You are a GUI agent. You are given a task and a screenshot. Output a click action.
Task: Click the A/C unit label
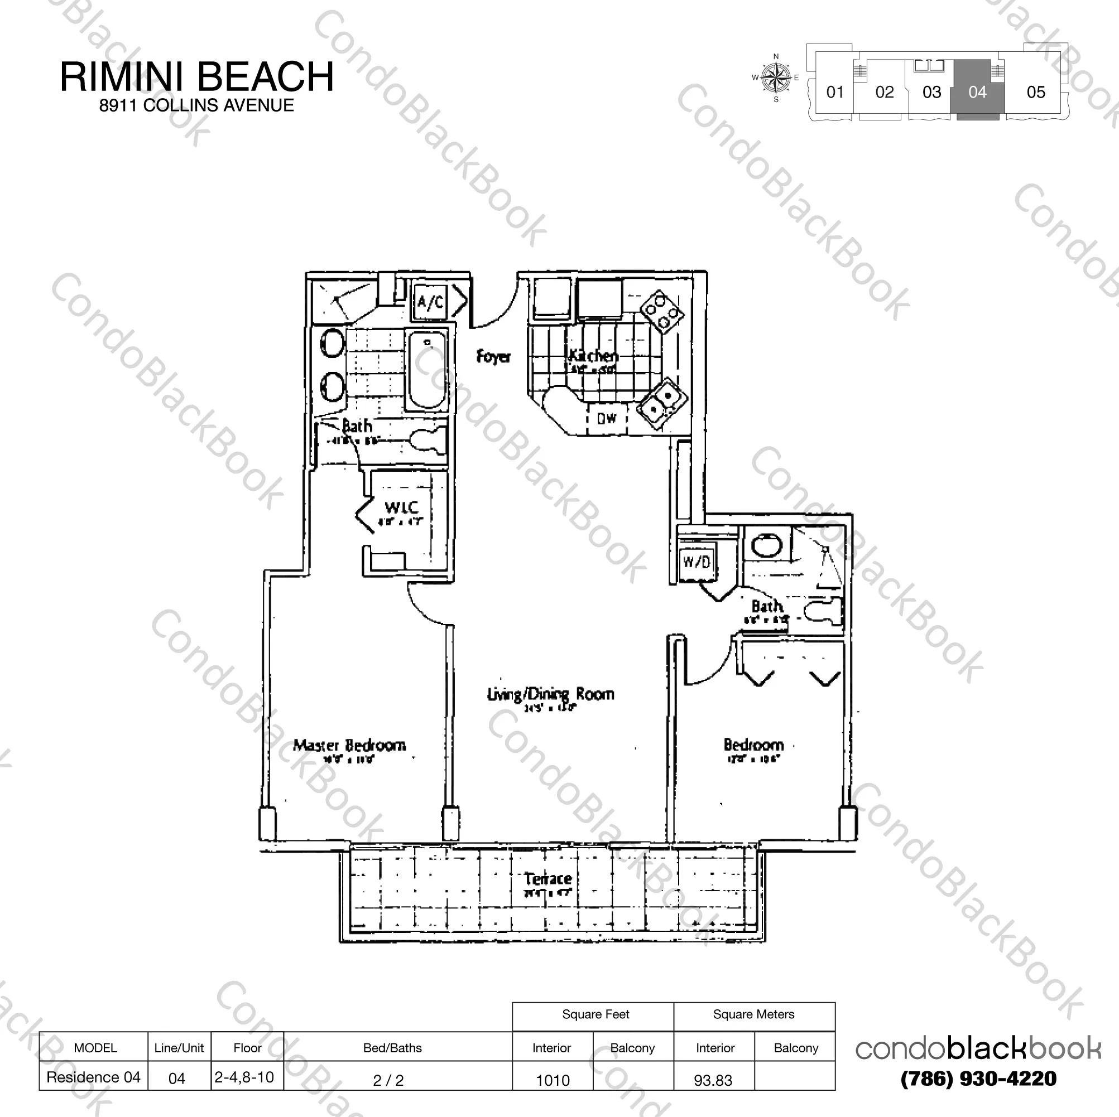point(430,302)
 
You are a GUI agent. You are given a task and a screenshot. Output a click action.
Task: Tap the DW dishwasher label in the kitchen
point(607,417)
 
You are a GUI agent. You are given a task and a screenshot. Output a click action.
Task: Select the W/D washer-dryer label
point(696,562)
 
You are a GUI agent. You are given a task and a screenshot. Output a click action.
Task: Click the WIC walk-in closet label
point(401,507)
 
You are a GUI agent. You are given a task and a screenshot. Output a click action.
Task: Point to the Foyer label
point(493,356)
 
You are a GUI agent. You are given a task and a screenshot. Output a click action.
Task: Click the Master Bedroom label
point(349,745)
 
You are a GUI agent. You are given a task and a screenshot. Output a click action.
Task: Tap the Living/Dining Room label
point(550,694)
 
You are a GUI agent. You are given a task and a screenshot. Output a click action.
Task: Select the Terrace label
point(548,878)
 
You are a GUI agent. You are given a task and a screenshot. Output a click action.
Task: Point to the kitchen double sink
point(661,403)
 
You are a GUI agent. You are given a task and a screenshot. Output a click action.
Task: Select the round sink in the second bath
point(766,545)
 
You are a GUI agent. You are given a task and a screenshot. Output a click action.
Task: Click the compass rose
point(776,78)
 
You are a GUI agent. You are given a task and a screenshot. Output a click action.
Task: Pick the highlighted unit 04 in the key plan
point(977,91)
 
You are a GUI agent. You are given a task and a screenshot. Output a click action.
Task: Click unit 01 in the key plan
point(834,91)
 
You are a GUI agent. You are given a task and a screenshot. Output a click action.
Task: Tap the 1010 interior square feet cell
point(553,1080)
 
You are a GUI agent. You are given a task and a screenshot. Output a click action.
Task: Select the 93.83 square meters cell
point(713,1080)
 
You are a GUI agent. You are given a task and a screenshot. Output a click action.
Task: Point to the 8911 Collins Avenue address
point(196,105)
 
